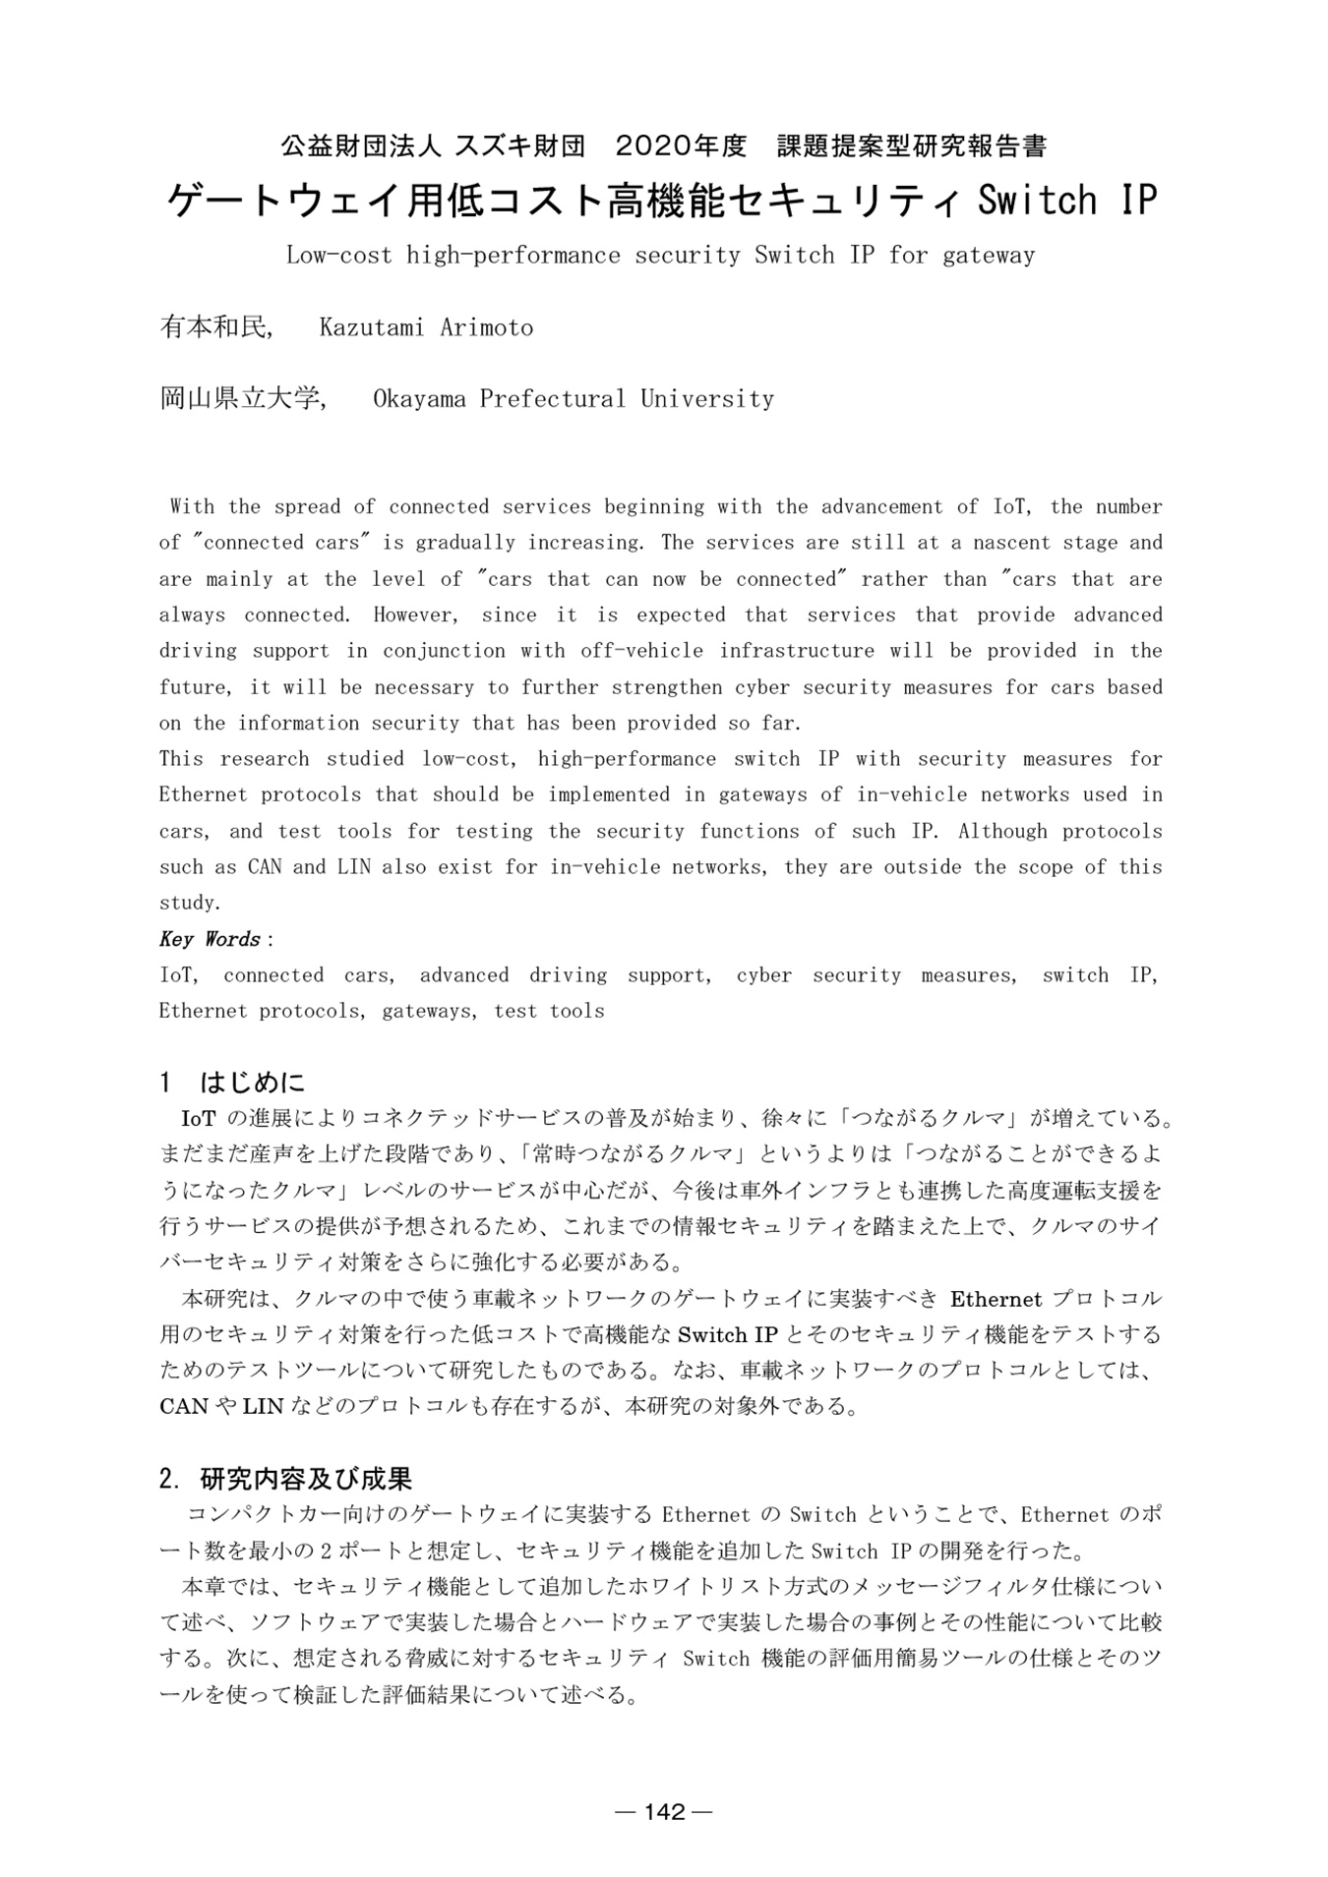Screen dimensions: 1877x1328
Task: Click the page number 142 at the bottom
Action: pyautogui.click(x=664, y=1811)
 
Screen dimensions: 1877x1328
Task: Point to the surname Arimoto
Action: pyautogui.click(x=486, y=327)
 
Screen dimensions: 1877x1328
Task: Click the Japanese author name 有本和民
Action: pyautogui.click(x=214, y=327)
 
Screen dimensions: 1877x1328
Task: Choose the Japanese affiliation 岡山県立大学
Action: pyautogui.click(x=241, y=399)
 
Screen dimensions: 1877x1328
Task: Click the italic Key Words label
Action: pyautogui.click(x=210, y=939)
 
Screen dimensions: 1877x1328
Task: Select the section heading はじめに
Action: pyautogui.click(x=253, y=1083)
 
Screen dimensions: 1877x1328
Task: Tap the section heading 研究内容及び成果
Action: pyautogui.click(x=306, y=1478)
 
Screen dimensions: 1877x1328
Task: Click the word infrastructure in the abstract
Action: pyautogui.click(x=797, y=651)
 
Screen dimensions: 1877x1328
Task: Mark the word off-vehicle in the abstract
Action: pyautogui.click(x=641, y=651)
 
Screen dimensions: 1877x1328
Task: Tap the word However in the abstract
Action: pyautogui.click(x=415, y=616)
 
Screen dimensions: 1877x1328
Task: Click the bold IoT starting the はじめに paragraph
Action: pyautogui.click(x=199, y=1119)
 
